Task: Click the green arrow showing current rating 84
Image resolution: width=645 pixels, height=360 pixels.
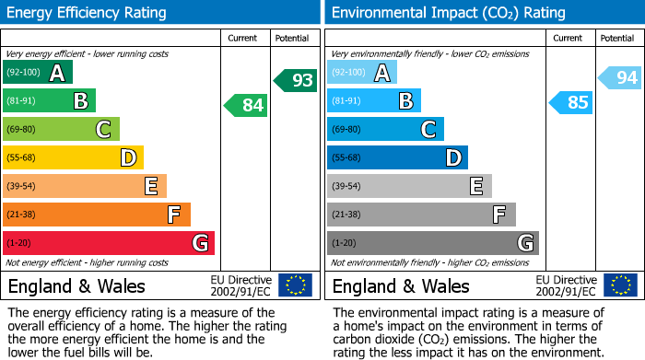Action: (x=247, y=105)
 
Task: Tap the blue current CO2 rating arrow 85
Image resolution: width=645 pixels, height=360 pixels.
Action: (x=571, y=102)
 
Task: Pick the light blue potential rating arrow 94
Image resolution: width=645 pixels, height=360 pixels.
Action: (x=621, y=78)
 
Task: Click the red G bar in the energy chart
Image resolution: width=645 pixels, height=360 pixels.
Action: (x=109, y=243)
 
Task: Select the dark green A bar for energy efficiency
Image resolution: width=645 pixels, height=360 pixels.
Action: (x=38, y=73)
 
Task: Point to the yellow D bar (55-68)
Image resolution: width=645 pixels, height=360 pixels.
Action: (x=74, y=157)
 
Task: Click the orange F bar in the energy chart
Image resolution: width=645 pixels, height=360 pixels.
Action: (x=97, y=215)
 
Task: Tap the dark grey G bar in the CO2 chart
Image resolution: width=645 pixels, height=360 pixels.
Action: (x=432, y=243)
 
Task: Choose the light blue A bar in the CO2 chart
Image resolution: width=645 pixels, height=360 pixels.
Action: (x=362, y=73)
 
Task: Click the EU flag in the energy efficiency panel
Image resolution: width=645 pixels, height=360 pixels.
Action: (x=296, y=285)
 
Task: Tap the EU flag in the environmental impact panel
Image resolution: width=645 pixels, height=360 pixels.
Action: (x=620, y=285)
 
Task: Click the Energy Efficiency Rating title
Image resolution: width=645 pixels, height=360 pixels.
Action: (x=88, y=13)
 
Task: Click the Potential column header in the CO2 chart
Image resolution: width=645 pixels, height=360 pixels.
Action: (x=617, y=38)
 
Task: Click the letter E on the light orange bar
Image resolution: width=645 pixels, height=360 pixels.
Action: (x=150, y=187)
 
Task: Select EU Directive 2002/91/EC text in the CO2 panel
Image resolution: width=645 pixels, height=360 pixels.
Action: (x=565, y=285)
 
